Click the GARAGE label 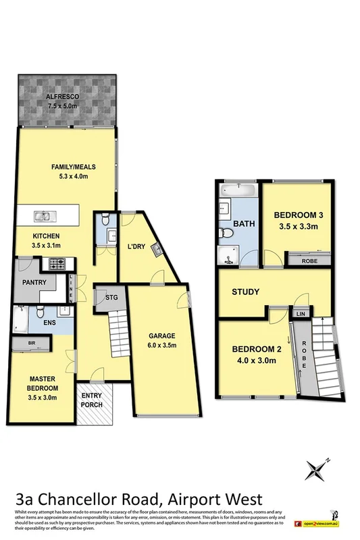162,335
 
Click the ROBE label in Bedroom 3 310,259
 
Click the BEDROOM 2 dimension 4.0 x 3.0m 255,360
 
